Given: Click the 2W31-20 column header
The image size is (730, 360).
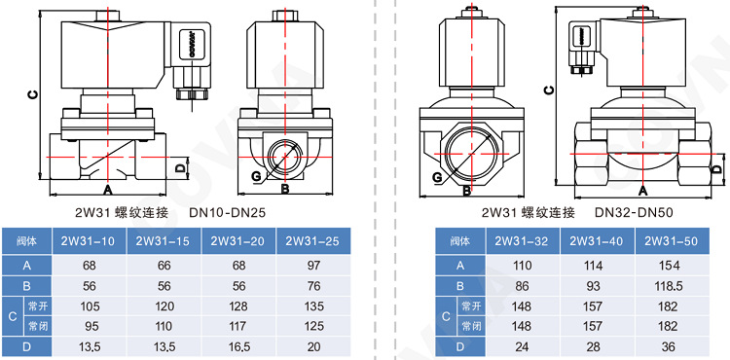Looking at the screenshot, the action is pyautogui.click(x=238, y=241).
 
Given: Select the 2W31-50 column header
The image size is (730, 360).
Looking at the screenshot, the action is pyautogui.click(x=672, y=241).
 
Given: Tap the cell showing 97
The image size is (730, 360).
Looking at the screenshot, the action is pyautogui.click(x=313, y=266).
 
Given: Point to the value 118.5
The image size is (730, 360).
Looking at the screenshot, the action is pyautogui.click(x=672, y=286).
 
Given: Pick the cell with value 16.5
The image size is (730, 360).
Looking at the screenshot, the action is pyautogui.click(x=238, y=346).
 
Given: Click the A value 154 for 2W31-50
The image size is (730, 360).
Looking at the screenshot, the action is pyautogui.click(x=672, y=266).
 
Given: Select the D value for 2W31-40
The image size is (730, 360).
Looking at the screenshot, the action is pyautogui.click(x=598, y=346).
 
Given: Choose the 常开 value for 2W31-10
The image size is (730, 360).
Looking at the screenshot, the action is pyautogui.click(x=90, y=306).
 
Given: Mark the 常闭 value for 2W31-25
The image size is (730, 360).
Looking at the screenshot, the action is pyautogui.click(x=313, y=327).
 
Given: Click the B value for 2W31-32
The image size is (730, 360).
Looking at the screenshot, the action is pyautogui.click(x=523, y=286).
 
